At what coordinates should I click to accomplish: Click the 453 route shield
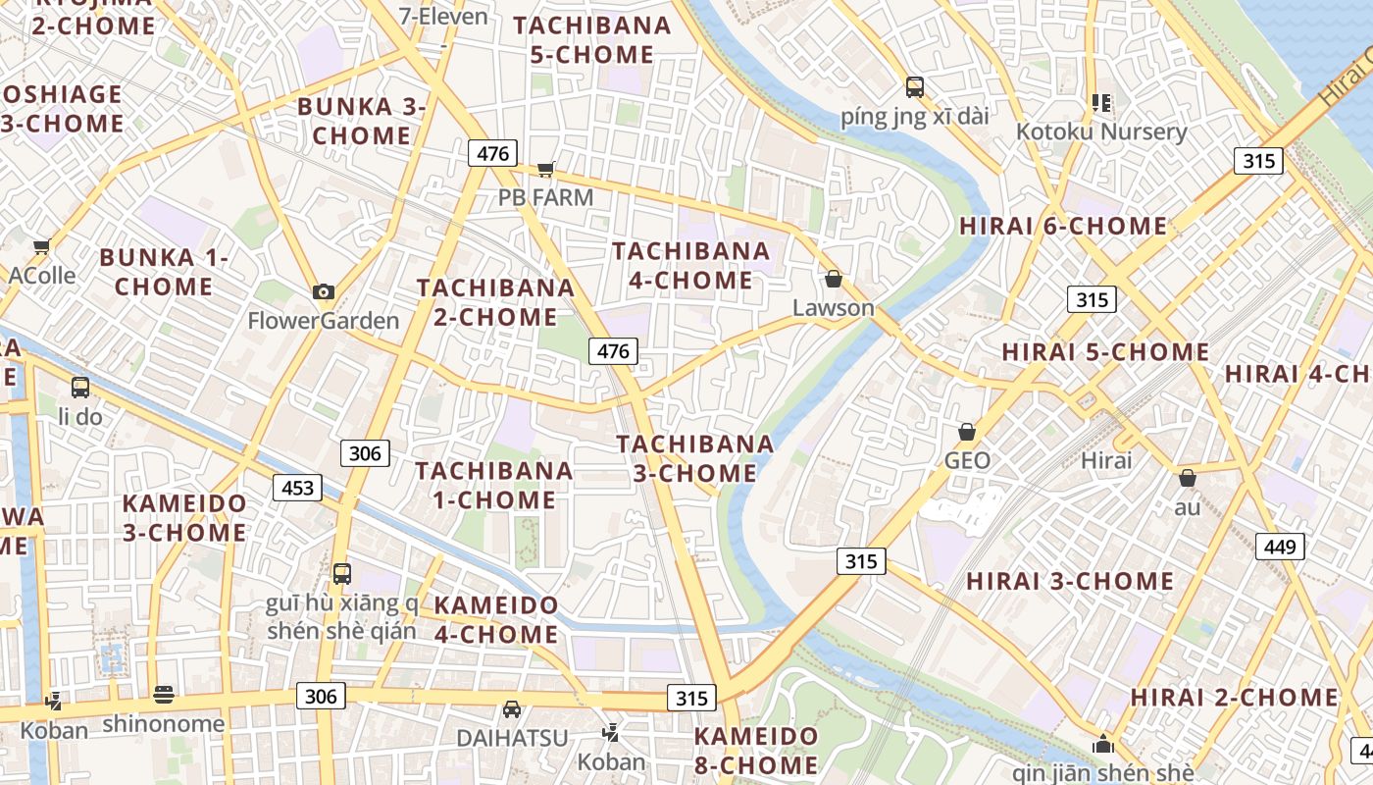click(297, 488)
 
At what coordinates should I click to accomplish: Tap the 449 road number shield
click(1281, 547)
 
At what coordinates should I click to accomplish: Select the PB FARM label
click(545, 197)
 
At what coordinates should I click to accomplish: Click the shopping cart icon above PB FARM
click(546, 169)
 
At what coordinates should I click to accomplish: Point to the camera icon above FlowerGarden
click(323, 291)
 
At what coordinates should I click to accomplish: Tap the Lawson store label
click(833, 308)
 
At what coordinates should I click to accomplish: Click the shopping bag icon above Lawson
click(834, 280)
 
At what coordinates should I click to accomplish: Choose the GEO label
click(967, 460)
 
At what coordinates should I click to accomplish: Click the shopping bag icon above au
click(1188, 478)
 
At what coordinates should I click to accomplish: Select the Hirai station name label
click(1106, 460)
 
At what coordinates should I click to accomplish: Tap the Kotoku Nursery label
click(1101, 131)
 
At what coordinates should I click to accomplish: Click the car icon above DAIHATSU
click(511, 708)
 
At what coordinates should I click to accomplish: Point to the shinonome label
click(164, 724)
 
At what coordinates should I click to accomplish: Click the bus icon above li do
click(80, 388)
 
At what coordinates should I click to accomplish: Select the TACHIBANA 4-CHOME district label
click(691, 265)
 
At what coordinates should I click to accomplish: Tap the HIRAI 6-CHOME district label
click(1063, 226)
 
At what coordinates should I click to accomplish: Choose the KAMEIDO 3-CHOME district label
click(184, 518)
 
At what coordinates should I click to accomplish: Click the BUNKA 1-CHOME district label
click(164, 272)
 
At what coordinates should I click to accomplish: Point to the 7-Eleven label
click(443, 16)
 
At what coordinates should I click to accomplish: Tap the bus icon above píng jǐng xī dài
click(915, 87)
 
